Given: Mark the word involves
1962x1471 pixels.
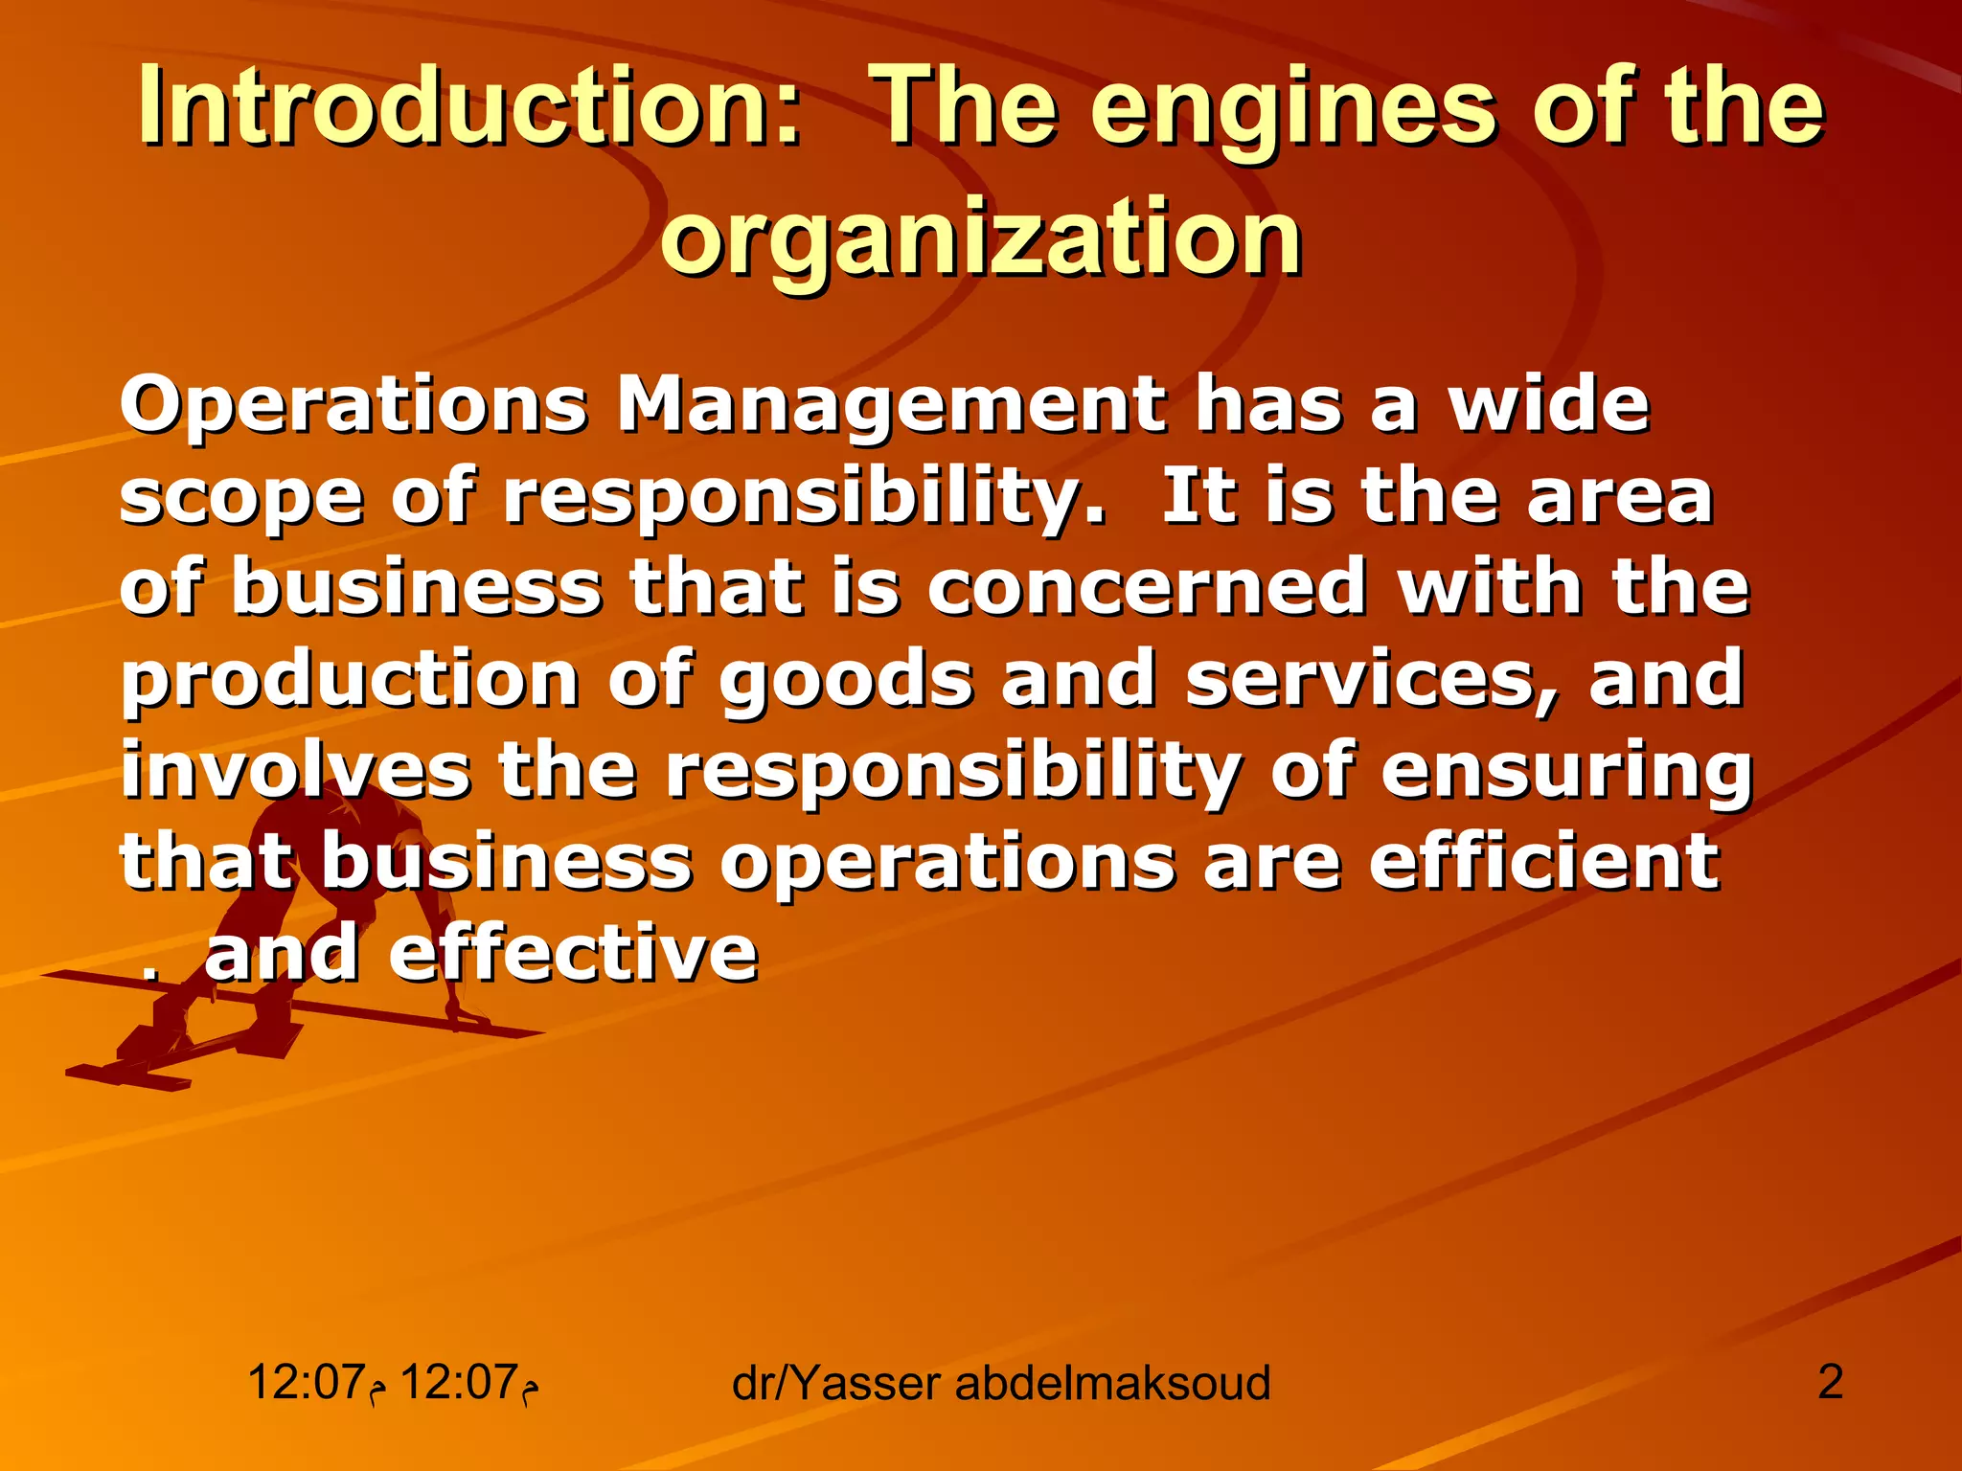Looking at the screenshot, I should pos(296,770).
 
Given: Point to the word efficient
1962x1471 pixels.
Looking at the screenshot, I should pos(1543,861).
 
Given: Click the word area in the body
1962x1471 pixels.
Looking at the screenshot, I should pos(1619,497).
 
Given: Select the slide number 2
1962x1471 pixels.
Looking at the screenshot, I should pos(1830,1382).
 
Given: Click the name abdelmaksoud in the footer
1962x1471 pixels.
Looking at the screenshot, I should pos(1112,1384).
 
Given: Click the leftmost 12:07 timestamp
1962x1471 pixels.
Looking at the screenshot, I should pos(307,1382).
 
